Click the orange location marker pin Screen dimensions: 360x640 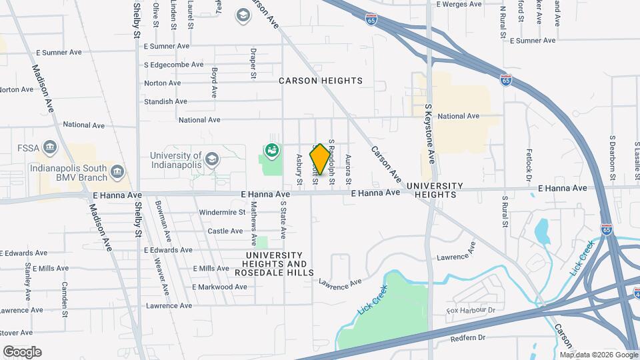tap(320, 159)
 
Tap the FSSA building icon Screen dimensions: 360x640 tap(49, 147)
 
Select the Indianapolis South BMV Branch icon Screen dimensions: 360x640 tap(117, 171)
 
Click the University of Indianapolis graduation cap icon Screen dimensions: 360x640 tap(212, 159)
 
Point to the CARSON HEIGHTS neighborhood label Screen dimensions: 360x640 tap(321, 81)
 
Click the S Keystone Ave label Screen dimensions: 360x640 tap(430, 134)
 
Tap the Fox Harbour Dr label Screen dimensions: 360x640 tap(471, 311)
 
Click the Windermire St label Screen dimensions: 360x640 tap(222, 213)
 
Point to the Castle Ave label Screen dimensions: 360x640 tap(225, 231)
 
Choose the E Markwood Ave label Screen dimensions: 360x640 tap(219, 287)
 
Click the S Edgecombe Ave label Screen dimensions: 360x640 tap(173, 65)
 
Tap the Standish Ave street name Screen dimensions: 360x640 tap(165, 101)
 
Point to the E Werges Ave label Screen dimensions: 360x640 tap(459, 4)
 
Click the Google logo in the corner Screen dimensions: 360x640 tap(22, 352)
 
